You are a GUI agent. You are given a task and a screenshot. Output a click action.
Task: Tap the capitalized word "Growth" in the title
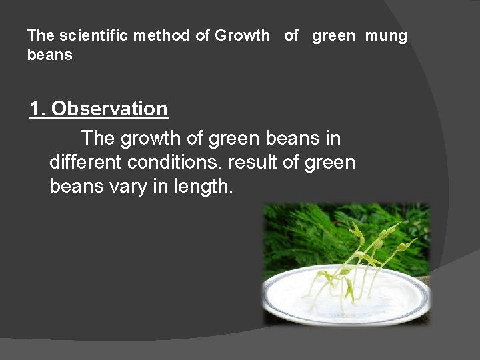[243, 36]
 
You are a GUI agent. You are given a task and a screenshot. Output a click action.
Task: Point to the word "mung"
[386, 36]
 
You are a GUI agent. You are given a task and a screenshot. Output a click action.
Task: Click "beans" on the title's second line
[50, 55]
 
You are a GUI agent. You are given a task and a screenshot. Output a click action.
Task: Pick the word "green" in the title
[334, 36]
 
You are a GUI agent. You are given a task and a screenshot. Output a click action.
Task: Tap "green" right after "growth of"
[237, 139]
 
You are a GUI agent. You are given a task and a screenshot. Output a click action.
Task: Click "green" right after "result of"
[331, 162]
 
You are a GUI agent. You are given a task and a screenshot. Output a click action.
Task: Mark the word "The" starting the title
[38, 36]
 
